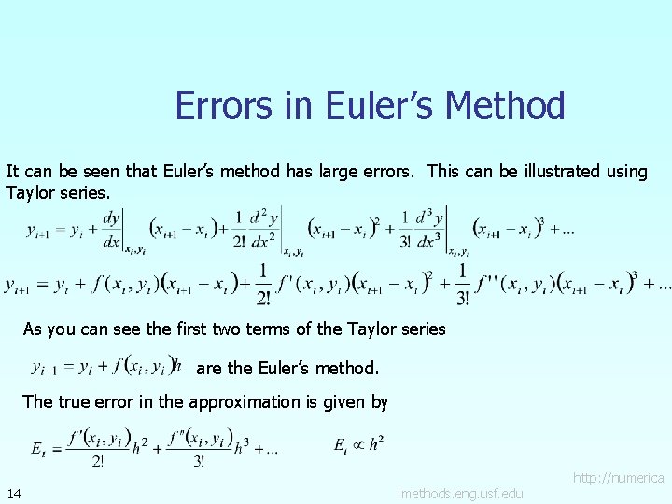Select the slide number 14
(x=14, y=493)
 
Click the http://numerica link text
(x=619, y=478)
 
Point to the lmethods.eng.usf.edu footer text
(x=459, y=493)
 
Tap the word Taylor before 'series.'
(x=32, y=193)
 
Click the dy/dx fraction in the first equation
(x=111, y=230)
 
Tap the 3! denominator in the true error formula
(x=199, y=459)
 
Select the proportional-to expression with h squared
(x=358, y=444)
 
